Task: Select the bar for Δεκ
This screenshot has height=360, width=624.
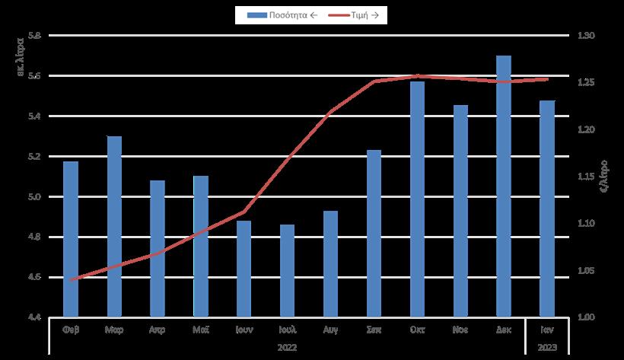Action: click(x=504, y=186)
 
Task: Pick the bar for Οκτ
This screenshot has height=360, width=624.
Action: click(x=417, y=198)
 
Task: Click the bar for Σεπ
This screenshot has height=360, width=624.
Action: click(x=374, y=232)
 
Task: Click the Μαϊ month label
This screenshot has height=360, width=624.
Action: click(x=201, y=331)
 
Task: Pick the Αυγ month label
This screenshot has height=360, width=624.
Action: click(x=330, y=331)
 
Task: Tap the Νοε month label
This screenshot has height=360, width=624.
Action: click(x=460, y=331)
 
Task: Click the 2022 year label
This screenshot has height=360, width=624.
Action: click(x=287, y=347)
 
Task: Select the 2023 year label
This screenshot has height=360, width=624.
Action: click(x=547, y=347)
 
